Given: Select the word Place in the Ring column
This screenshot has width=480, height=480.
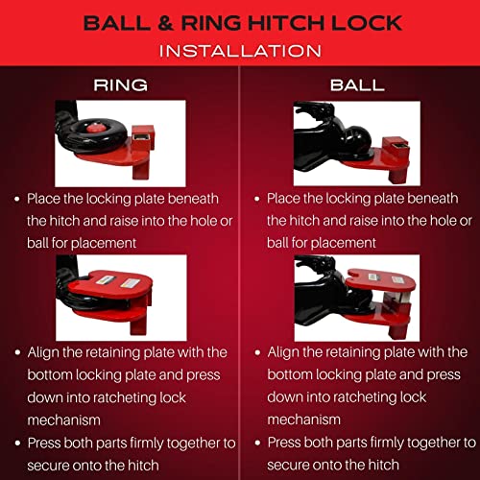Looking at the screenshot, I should coord(48,199).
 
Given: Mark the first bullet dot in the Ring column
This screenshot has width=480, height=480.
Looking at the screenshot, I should coord(17,200).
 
